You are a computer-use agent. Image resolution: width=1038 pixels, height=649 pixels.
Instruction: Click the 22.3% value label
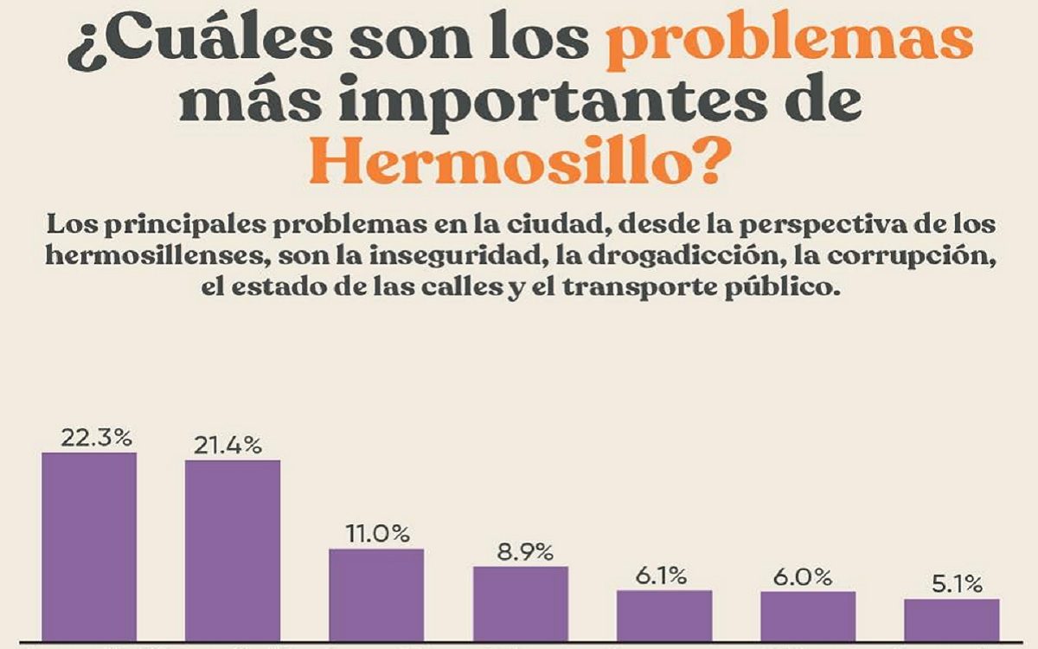pyautogui.click(x=96, y=438)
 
